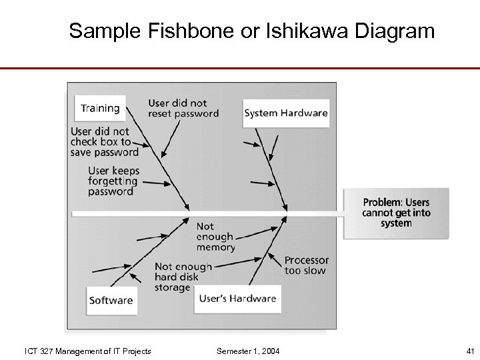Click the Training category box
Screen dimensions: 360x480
pos(100,108)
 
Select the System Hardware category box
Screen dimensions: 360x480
pos(286,113)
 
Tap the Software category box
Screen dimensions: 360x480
pos(111,300)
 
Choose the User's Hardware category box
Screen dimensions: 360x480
pos(237,298)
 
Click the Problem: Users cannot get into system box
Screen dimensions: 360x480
pos(396,213)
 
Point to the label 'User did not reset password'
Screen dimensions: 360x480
pos(183,108)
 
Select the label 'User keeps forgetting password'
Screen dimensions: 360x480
pos(113,181)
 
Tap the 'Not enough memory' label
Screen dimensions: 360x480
pos(215,237)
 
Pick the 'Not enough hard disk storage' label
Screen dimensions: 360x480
pos(183,277)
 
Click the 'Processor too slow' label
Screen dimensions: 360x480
pos(306,265)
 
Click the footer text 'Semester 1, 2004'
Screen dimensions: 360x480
pos(248,351)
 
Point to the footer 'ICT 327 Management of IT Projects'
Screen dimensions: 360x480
pos(87,351)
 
